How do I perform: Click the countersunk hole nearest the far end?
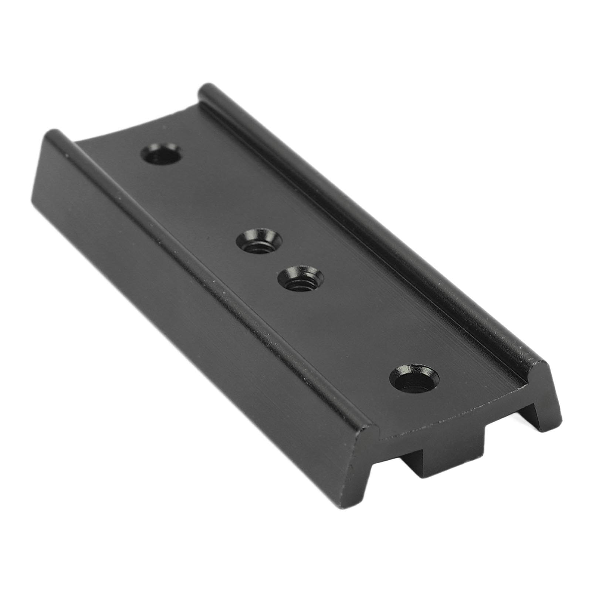[x=163, y=155]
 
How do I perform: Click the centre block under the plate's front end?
[x=444, y=460]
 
